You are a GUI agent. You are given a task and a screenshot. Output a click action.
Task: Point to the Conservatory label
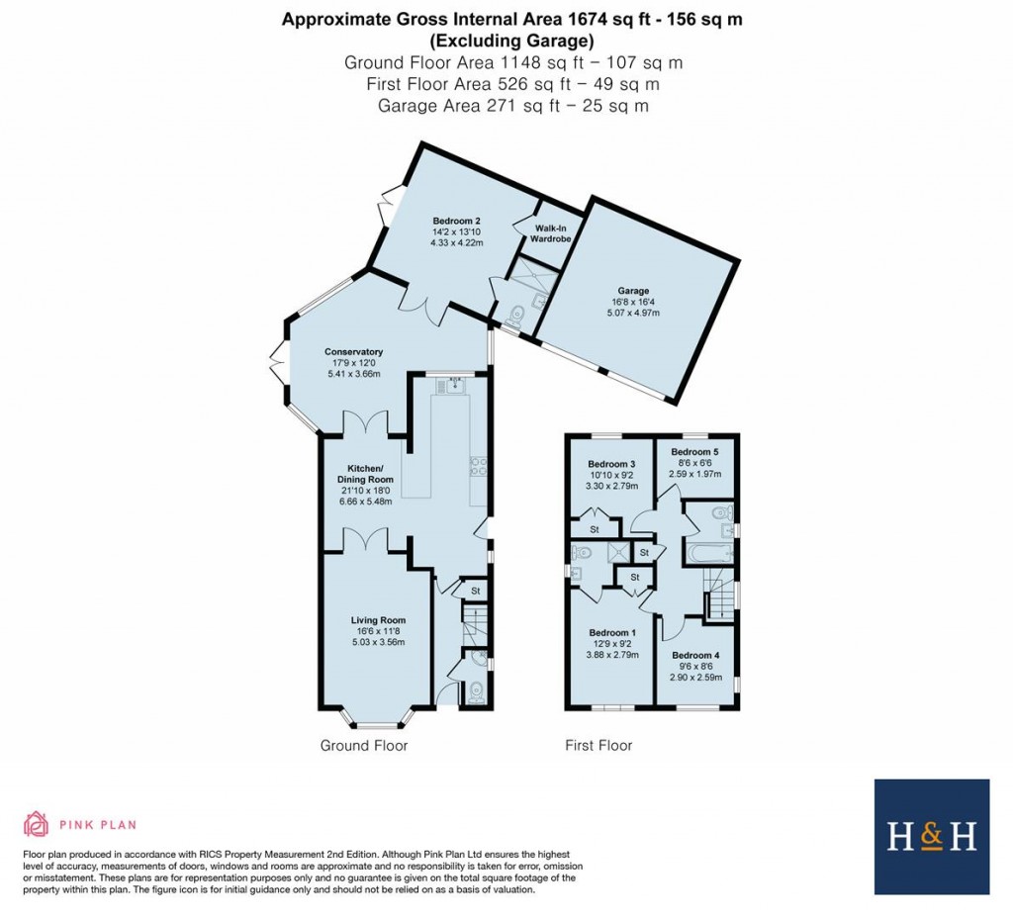click(x=353, y=351)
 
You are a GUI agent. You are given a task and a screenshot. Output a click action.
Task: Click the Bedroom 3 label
click(x=610, y=464)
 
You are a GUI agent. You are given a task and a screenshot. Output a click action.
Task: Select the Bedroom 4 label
click(x=695, y=655)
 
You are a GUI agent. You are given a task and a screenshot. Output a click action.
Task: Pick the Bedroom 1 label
click(x=610, y=633)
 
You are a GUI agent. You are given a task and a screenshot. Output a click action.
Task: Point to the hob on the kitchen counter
click(x=477, y=464)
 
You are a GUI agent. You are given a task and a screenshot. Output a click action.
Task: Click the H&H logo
click(x=931, y=837)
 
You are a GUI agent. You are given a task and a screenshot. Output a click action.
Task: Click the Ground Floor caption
click(x=363, y=745)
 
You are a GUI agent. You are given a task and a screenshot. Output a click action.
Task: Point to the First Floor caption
click(x=598, y=745)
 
